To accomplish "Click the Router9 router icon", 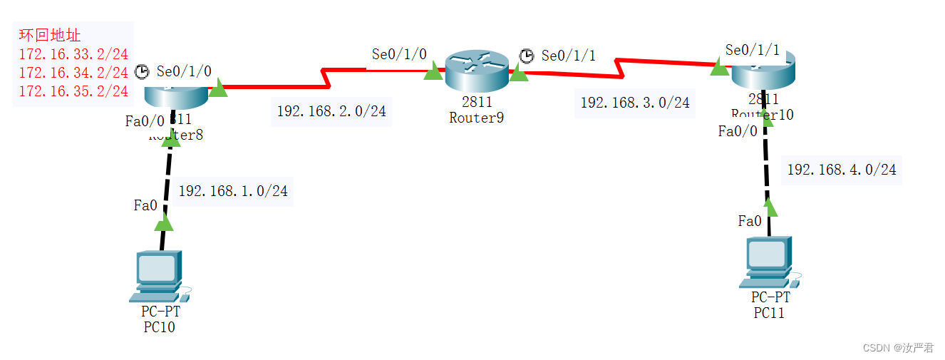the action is [x=476, y=70].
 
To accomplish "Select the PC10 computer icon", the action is [x=157, y=275].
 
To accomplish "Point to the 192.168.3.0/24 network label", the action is [x=634, y=103].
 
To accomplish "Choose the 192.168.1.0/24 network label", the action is [x=233, y=191].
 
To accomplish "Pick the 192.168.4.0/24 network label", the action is [x=841, y=170].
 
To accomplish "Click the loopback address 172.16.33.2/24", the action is [x=73, y=53].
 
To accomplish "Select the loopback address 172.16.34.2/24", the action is [x=73, y=72].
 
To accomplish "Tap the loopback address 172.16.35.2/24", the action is [x=73, y=91].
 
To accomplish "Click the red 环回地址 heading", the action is [x=50, y=35].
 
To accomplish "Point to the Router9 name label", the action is [x=476, y=118].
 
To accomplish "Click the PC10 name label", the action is [x=159, y=327].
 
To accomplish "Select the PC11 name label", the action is [x=769, y=312].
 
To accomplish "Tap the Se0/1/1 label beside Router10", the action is [x=752, y=50].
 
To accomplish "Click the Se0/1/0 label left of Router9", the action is [x=399, y=54].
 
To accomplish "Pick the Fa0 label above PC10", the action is [x=145, y=205].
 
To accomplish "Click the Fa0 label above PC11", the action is [x=750, y=221].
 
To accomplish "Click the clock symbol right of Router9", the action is [x=526, y=56].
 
